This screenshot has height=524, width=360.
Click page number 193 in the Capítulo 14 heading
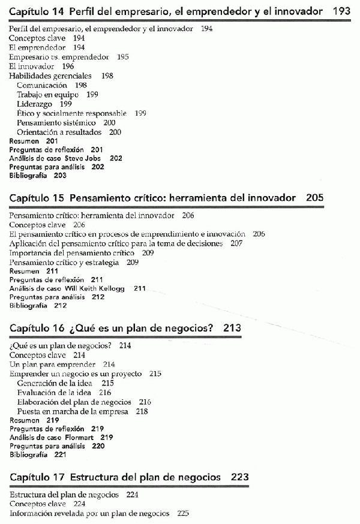(x=341, y=11)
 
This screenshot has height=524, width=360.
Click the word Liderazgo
(x=35, y=104)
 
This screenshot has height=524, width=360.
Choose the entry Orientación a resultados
(x=59, y=132)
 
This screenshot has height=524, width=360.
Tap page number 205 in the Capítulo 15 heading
(x=314, y=197)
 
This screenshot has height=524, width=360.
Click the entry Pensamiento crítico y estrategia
(x=65, y=262)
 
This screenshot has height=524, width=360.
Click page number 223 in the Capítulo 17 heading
(x=239, y=477)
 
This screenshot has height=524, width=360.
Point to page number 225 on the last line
(x=183, y=513)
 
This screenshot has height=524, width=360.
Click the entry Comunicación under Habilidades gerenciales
(x=42, y=85)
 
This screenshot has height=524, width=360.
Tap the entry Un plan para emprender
(x=53, y=364)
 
